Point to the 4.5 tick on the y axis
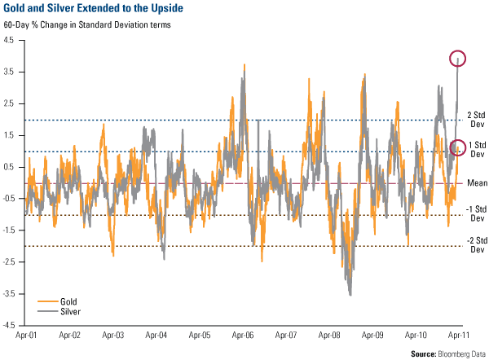tap(14, 42)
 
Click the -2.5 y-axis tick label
tap(13, 262)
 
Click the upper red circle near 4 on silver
tap(458, 58)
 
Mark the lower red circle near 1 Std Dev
tap(458, 147)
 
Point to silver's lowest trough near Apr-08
tap(350, 294)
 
